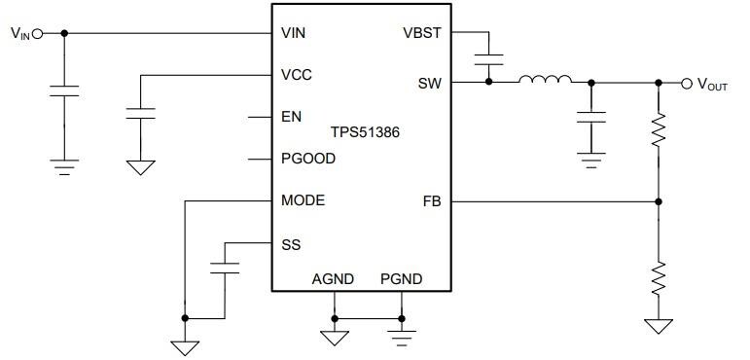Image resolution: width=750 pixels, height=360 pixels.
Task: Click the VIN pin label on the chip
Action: [x=293, y=32]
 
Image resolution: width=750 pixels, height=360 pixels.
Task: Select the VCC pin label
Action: [x=296, y=74]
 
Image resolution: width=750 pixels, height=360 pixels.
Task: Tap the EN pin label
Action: [x=291, y=116]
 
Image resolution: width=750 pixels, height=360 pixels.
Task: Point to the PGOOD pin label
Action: [x=308, y=158]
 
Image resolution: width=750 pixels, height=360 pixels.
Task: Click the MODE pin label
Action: [x=303, y=200]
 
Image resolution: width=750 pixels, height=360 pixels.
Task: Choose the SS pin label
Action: [x=290, y=243]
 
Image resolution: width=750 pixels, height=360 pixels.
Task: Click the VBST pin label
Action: [x=422, y=32]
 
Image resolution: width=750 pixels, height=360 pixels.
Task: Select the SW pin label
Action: [x=429, y=83]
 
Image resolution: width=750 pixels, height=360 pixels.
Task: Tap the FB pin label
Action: [x=432, y=200]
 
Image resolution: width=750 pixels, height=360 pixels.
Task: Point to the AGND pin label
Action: [x=333, y=279]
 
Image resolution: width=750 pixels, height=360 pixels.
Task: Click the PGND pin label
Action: [x=401, y=279]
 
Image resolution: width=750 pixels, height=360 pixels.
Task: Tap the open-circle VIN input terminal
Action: [x=38, y=33]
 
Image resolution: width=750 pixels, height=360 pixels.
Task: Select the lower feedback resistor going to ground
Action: [x=659, y=278]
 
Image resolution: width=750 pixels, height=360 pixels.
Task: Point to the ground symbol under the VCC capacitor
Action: [x=141, y=166]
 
